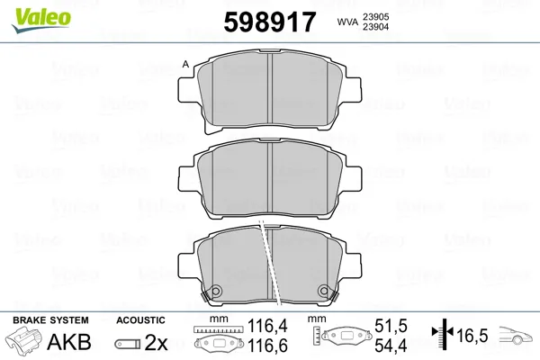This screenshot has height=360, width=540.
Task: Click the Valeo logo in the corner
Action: tap(41, 20)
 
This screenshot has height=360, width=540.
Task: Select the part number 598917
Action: tap(270, 22)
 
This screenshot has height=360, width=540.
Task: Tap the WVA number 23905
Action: tap(375, 17)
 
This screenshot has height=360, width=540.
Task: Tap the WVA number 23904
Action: tap(375, 27)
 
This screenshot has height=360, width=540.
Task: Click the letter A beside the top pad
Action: tap(185, 64)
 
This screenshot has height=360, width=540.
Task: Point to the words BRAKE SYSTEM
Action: tap(50, 320)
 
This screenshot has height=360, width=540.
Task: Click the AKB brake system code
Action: tap(69, 342)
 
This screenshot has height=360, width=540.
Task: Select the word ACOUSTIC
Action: tap(140, 320)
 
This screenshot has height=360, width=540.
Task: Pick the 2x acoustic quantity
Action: tap(156, 342)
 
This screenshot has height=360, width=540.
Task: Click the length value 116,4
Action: tap(267, 326)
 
